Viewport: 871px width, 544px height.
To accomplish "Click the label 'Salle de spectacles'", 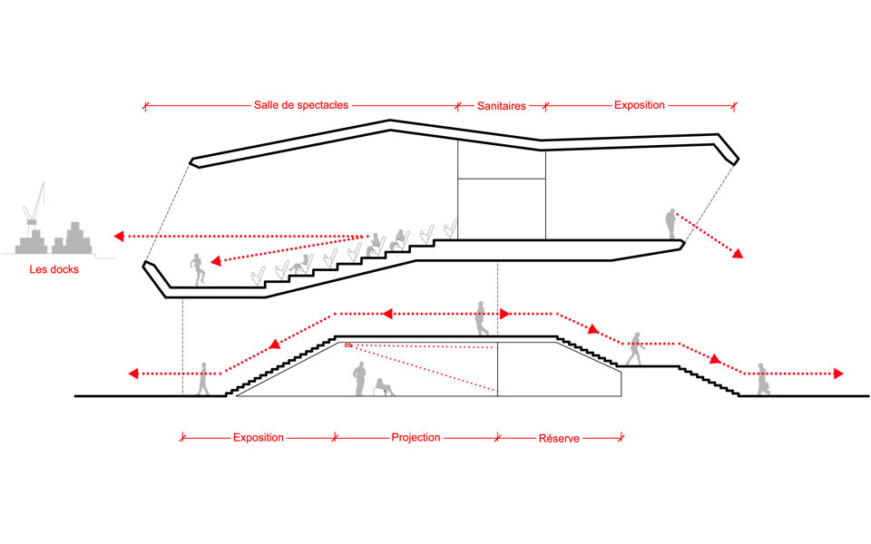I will (x=300, y=105).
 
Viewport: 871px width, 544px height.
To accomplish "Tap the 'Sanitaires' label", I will (x=502, y=105).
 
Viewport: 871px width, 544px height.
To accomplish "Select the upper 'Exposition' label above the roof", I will (x=640, y=105).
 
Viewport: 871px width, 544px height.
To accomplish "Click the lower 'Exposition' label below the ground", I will (x=258, y=437).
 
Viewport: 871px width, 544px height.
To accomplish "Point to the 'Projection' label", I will (x=416, y=437).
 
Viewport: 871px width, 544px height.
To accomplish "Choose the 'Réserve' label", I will (x=558, y=438).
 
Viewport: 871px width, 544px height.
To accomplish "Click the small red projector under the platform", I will (x=348, y=345).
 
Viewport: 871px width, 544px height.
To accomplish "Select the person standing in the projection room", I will (x=359, y=379).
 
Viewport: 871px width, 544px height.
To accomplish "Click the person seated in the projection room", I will (x=384, y=387).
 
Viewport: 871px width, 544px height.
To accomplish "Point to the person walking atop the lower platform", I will (x=483, y=317).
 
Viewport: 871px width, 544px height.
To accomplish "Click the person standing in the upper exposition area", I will (x=670, y=224).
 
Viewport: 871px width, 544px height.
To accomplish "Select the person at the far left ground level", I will (x=204, y=379).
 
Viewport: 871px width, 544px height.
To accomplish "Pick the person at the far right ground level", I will (x=762, y=379).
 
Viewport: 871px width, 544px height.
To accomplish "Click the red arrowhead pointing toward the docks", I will (x=119, y=237).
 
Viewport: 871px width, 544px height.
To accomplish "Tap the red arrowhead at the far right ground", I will (x=839, y=374).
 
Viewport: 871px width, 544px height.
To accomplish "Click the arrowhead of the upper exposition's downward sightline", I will (x=739, y=255).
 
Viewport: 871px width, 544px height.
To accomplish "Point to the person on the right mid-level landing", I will (x=635, y=348).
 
